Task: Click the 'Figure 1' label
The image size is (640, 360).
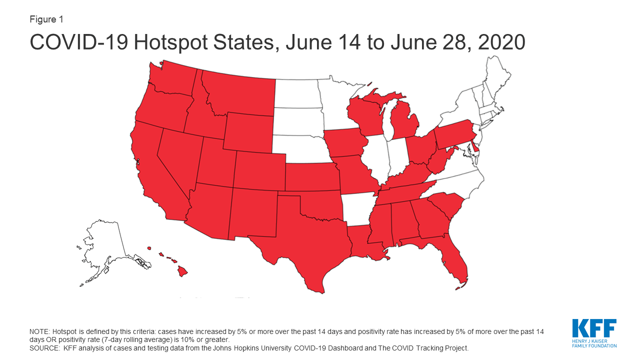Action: [x=46, y=19]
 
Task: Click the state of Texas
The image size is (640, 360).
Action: [x=300, y=240]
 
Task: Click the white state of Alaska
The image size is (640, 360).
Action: [x=105, y=245]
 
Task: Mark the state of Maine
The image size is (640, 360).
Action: [x=497, y=75]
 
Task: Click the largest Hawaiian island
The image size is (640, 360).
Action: [x=183, y=271]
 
